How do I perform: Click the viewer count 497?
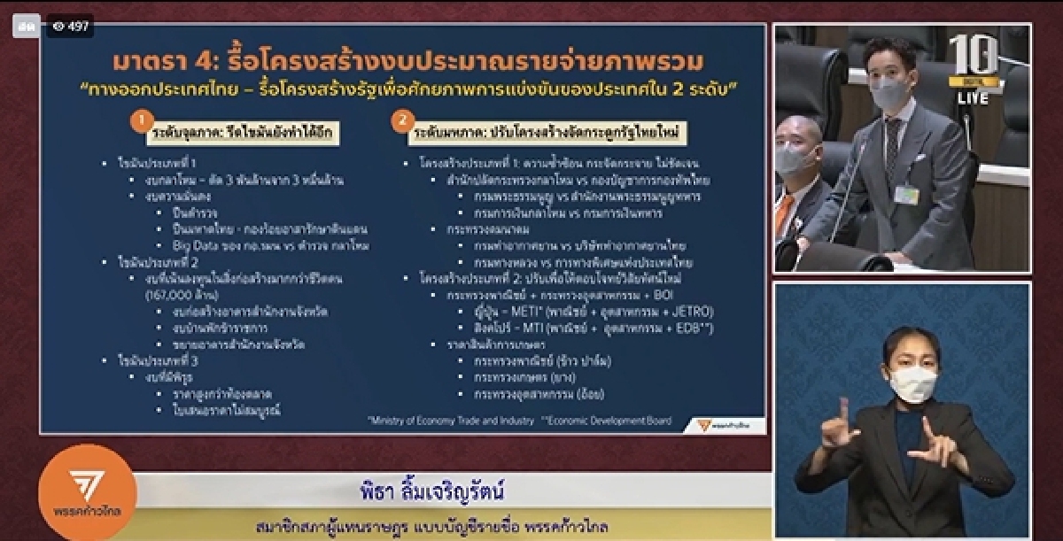tap(72, 26)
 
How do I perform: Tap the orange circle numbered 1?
tap(137, 118)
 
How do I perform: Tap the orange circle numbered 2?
tap(403, 118)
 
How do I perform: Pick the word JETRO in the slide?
tap(691, 312)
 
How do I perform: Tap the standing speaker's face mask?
tap(888, 90)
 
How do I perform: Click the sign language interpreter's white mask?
tap(912, 384)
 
